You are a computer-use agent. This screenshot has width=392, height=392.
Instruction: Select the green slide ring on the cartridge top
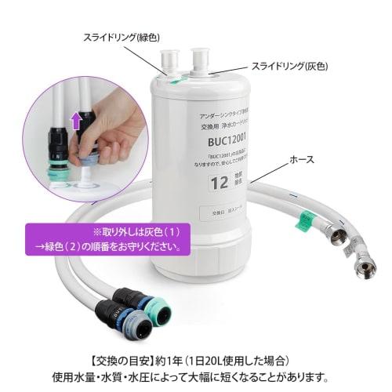coord(177,77)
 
